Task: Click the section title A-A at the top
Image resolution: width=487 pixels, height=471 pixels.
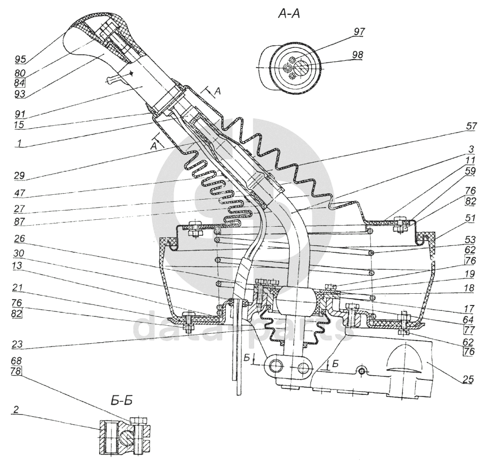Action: point(290,14)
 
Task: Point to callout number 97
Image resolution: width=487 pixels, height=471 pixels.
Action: point(359,32)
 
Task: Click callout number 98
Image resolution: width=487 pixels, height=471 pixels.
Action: point(359,55)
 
